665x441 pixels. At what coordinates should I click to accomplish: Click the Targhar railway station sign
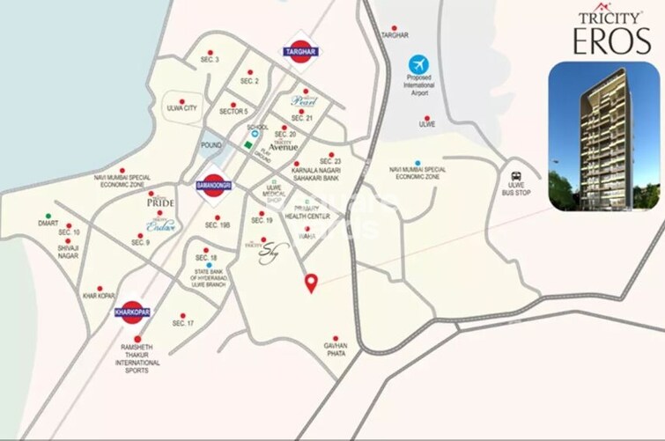(300, 53)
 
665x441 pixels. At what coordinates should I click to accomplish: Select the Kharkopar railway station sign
(133, 312)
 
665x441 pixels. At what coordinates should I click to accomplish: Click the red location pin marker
(311, 283)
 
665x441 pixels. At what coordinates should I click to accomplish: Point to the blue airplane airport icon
(418, 64)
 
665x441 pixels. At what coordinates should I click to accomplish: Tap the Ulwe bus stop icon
(514, 175)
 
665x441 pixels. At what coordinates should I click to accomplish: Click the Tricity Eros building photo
(603, 136)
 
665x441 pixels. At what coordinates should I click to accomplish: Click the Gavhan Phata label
(336, 347)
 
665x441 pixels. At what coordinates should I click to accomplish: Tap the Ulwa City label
(181, 108)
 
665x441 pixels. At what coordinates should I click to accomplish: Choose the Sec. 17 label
(183, 324)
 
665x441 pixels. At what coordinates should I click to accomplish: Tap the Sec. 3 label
(210, 60)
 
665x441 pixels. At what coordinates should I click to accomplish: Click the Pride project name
(159, 202)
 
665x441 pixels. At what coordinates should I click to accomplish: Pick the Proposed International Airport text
(419, 88)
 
